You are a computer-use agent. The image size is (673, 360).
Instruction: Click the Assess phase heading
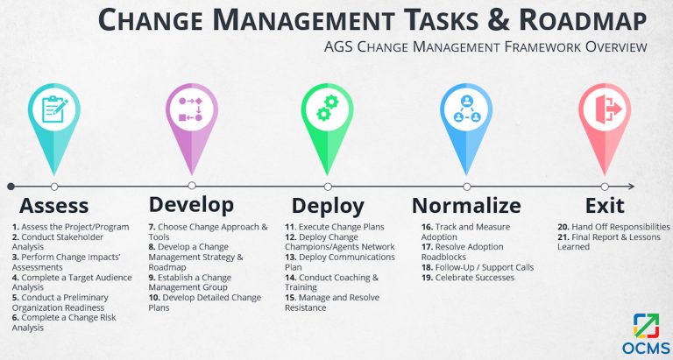click(53, 206)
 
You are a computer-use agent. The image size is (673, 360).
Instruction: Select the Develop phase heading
click(191, 205)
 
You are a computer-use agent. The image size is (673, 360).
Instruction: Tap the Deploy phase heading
click(328, 206)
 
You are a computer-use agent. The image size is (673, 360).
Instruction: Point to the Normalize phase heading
click(465, 206)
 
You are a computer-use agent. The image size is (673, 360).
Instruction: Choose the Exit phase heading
click(604, 206)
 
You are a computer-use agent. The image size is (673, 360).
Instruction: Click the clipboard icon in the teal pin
click(54, 109)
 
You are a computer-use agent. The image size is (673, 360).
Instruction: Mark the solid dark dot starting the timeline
click(11, 187)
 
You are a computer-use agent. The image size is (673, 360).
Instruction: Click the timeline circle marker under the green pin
click(328, 187)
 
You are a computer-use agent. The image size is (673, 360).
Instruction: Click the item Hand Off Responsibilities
click(613, 227)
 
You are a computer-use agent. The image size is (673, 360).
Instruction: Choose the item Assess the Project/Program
click(69, 227)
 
